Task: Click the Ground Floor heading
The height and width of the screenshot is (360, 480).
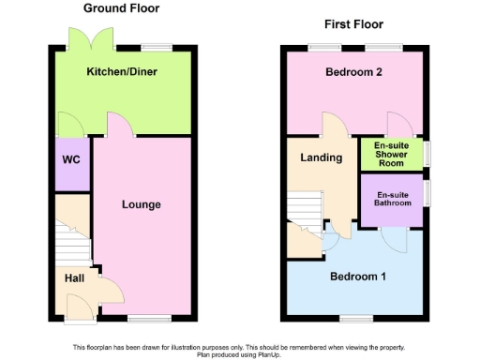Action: tap(121, 8)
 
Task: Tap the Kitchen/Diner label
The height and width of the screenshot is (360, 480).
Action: tap(122, 72)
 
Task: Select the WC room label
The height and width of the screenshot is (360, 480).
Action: tap(71, 160)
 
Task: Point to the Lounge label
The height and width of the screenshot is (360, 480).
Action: tap(141, 204)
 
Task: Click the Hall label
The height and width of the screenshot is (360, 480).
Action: tap(73, 278)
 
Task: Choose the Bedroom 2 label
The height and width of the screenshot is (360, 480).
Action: tap(352, 72)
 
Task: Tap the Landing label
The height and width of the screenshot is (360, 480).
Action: tap(321, 157)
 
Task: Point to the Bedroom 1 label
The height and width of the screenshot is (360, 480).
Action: tap(356, 277)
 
